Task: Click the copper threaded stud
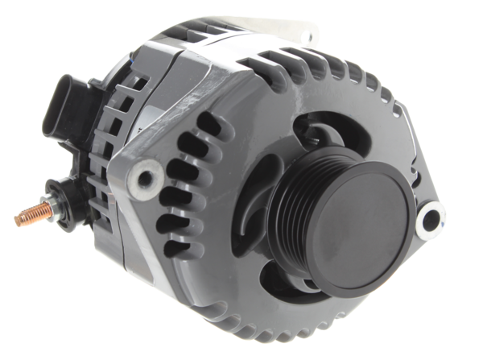[x=26, y=216]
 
